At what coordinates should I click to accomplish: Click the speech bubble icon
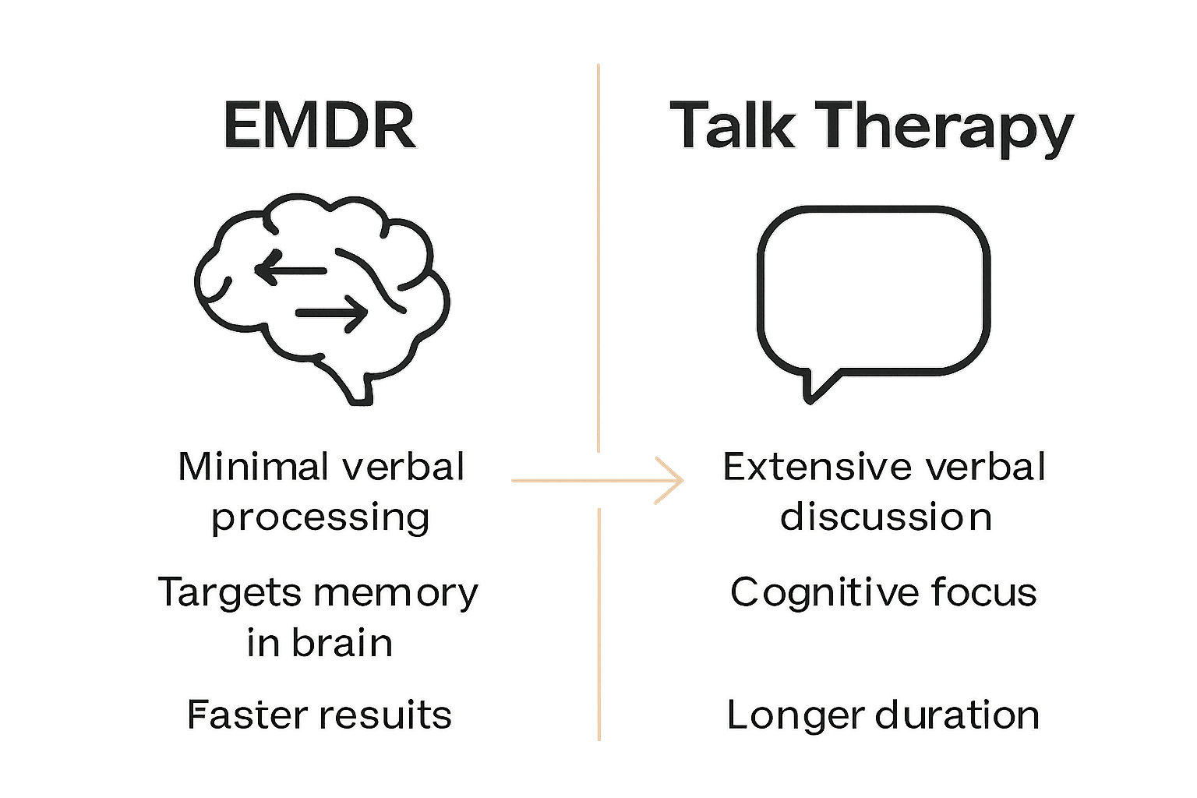pos(873,288)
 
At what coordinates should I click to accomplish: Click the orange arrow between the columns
pos(597,480)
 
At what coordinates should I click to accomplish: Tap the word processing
pos(320,518)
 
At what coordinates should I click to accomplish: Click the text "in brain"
pos(320,643)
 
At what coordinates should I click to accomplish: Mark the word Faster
pos(245,715)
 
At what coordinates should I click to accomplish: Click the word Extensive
pos(818,468)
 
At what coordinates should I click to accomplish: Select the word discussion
pos(885,517)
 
